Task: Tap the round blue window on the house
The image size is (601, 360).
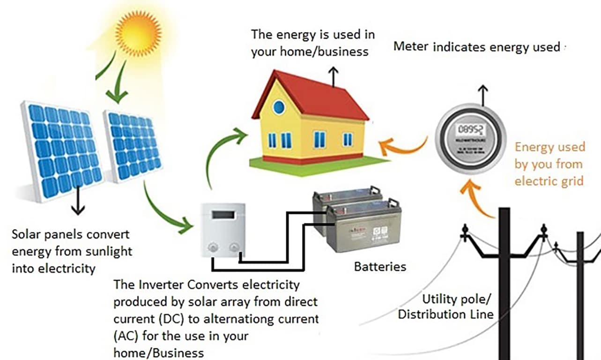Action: point(279,107)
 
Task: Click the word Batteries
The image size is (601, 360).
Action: point(380,267)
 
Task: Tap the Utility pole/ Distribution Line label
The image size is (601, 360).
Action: point(445,307)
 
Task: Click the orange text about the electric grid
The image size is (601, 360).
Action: point(549,164)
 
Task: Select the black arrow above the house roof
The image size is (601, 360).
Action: point(333,77)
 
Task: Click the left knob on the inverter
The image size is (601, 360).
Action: point(213,246)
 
